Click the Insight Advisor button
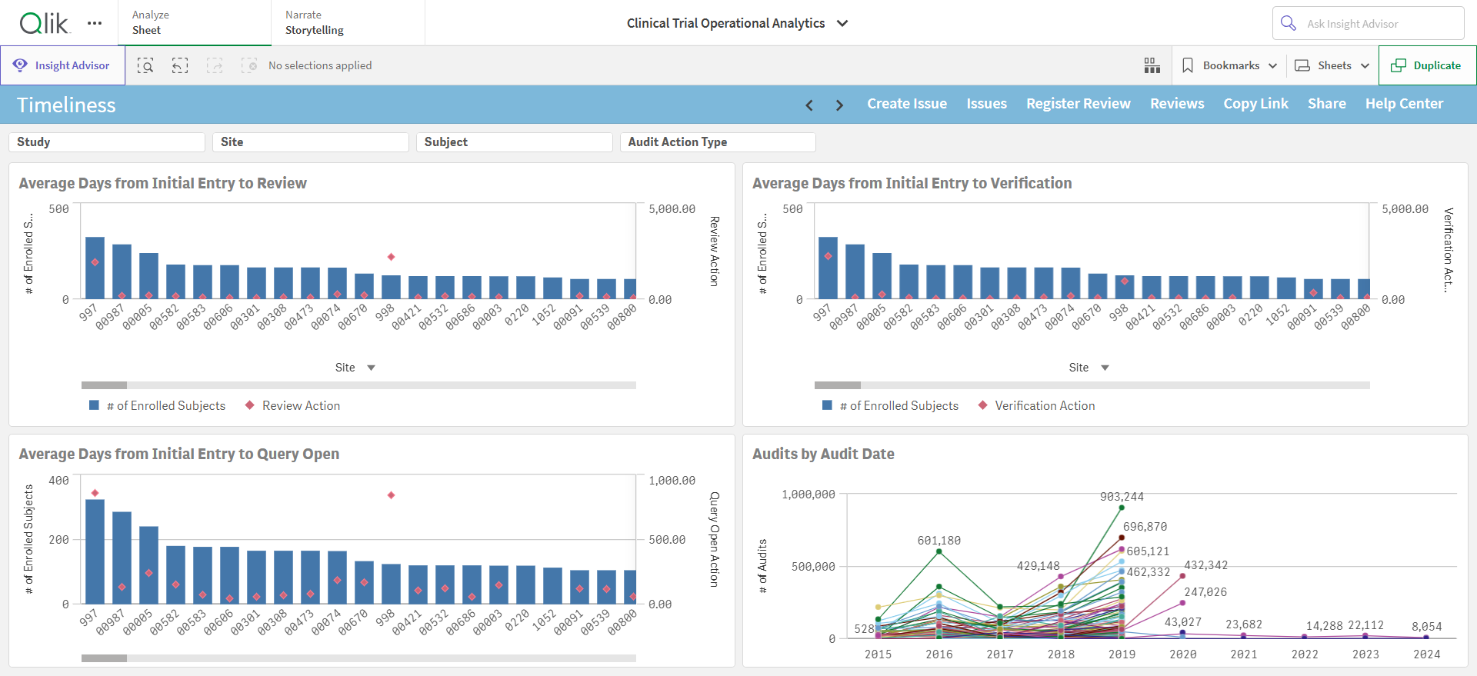pyautogui.click(x=62, y=65)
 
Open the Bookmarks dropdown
pyautogui.click(x=1229, y=65)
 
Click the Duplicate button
pyautogui.click(x=1427, y=65)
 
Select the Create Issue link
pyautogui.click(x=907, y=104)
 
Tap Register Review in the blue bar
pyautogui.click(x=1078, y=104)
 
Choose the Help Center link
pyautogui.click(x=1404, y=104)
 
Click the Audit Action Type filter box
pyautogui.click(x=718, y=142)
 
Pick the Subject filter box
pyautogui.click(x=514, y=142)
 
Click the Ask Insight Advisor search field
pyautogui.click(x=1368, y=23)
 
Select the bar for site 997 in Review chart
pyautogui.click(x=95, y=268)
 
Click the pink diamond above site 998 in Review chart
pyautogui.click(x=391, y=257)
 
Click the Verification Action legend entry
pyautogui.click(x=1036, y=405)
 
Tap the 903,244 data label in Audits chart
pyautogui.click(x=1122, y=497)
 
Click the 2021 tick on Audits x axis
pyautogui.click(x=1244, y=654)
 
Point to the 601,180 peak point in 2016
pyautogui.click(x=939, y=551)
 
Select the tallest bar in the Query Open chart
pyautogui.click(x=95, y=551)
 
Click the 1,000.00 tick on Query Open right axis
pyautogui.click(x=672, y=481)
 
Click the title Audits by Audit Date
pyautogui.click(x=823, y=454)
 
